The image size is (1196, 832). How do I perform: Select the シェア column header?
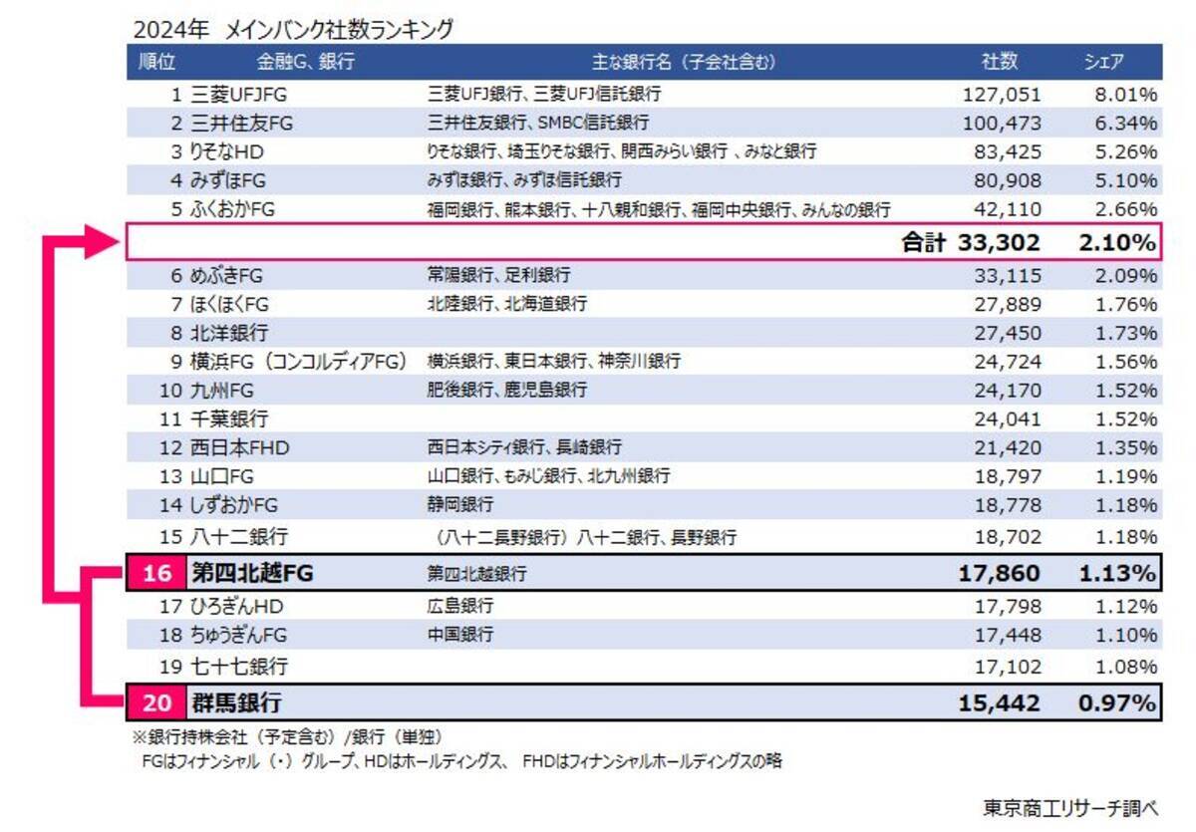(x=1104, y=62)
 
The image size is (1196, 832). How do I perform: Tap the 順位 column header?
(x=155, y=62)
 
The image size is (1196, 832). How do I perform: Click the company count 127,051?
(x=1002, y=95)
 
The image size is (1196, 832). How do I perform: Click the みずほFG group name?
(x=231, y=181)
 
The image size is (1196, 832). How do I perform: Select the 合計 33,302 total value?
(x=972, y=242)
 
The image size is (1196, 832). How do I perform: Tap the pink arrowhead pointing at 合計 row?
(x=100, y=242)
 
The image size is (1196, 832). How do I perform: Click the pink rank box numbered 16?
(x=156, y=574)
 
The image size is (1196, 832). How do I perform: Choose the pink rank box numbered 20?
(x=156, y=703)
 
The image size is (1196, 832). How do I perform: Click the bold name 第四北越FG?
(x=251, y=574)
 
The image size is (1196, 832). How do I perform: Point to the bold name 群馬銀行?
(x=236, y=703)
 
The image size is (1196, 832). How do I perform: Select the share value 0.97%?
(x=1117, y=703)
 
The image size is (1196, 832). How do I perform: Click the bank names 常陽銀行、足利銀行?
(x=498, y=275)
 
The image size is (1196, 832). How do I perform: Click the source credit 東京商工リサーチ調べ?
(x=1070, y=806)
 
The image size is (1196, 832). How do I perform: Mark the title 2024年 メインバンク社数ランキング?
(x=292, y=29)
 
